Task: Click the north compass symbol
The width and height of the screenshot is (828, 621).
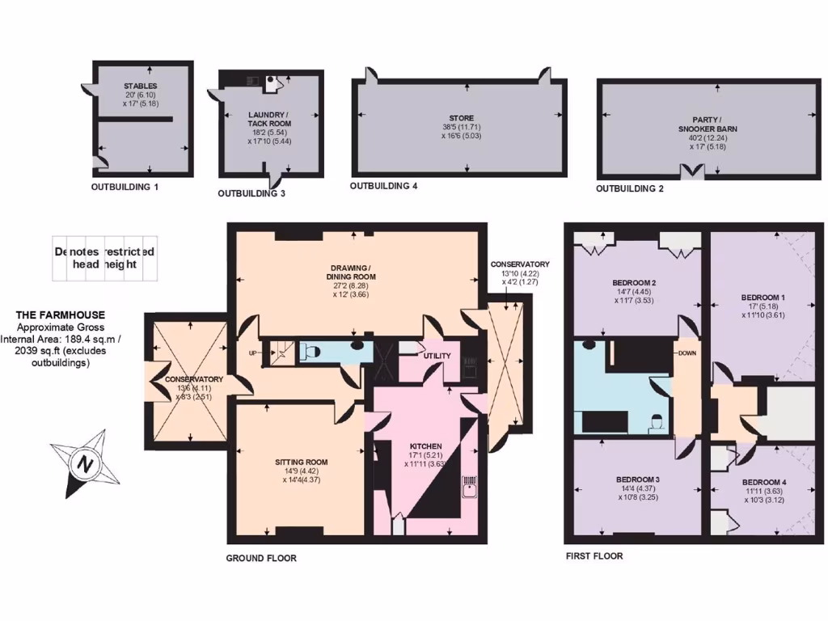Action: [84, 464]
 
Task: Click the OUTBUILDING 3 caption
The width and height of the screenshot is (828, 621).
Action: [251, 194]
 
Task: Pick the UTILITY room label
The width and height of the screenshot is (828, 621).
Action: [436, 355]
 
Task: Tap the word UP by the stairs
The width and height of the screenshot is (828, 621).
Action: [252, 353]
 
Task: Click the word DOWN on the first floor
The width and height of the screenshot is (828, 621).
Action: [687, 353]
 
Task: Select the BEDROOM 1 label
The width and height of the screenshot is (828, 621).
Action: [763, 298]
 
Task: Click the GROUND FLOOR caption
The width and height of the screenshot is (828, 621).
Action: [261, 558]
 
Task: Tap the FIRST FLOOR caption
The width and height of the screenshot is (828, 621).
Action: [594, 556]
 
